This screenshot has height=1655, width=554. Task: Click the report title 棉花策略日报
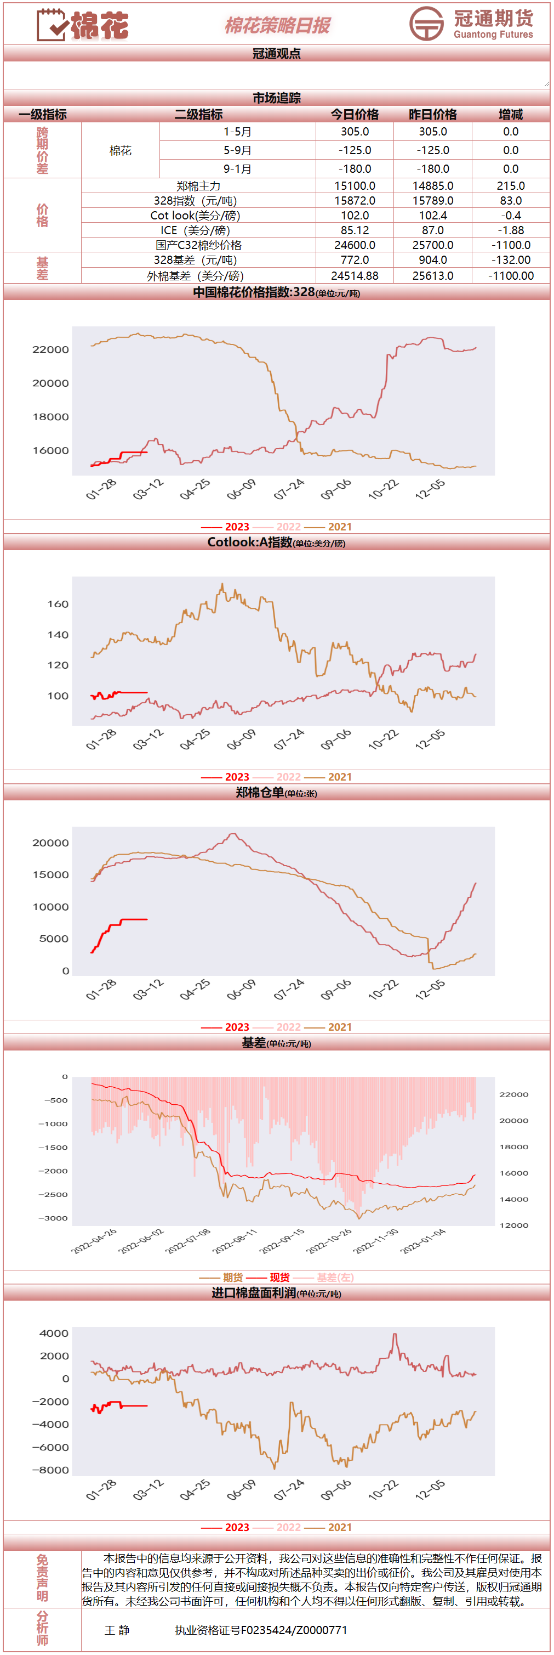[x=277, y=25]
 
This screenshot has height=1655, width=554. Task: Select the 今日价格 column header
[x=355, y=114]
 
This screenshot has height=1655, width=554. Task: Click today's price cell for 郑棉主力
[x=355, y=185]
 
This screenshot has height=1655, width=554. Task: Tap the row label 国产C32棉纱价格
[x=198, y=245]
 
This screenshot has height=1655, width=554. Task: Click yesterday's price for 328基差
[x=433, y=260]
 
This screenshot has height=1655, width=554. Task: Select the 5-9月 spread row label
[x=237, y=150]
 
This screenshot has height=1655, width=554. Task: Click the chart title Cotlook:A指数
[x=250, y=542]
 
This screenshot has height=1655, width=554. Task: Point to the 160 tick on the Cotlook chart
[x=58, y=604]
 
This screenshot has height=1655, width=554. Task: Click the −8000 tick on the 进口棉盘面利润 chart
[x=51, y=1470]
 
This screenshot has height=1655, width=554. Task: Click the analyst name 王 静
[x=117, y=1630]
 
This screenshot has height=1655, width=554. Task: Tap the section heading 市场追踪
[x=277, y=98]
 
